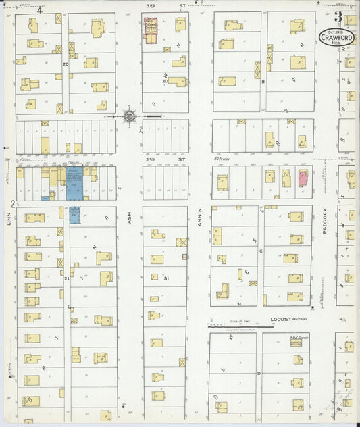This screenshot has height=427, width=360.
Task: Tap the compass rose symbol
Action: point(129,116)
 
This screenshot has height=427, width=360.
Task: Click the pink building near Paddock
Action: point(303,178)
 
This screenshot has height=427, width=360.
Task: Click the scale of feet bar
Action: point(240,324)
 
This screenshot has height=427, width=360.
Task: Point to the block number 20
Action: point(66,64)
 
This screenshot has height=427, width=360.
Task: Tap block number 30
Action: point(164,80)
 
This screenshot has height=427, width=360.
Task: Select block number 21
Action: point(66,278)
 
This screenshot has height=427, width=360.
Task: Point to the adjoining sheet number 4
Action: point(39,10)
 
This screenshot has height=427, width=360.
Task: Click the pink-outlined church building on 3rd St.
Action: point(150,30)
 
